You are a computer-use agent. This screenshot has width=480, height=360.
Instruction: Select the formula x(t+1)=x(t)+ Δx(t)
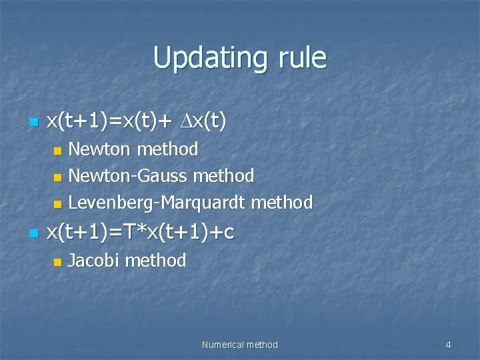pos(136,121)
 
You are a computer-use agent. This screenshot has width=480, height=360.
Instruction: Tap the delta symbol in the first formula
pos(186,121)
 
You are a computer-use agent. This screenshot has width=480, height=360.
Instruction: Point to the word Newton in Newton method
pos(101,149)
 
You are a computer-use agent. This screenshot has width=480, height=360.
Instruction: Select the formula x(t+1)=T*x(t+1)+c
pos(140,232)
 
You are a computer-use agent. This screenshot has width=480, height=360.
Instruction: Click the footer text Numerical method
pos(239,345)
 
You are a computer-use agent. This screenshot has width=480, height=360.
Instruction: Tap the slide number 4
pos(448,345)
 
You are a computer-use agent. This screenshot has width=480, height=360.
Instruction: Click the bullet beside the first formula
pos(33,123)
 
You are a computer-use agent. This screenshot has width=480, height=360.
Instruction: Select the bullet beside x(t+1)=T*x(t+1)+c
pos(33,233)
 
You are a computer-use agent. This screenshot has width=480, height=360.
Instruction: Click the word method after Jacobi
pos(155,261)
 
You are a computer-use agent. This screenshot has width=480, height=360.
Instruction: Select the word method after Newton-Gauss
pos(223,176)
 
